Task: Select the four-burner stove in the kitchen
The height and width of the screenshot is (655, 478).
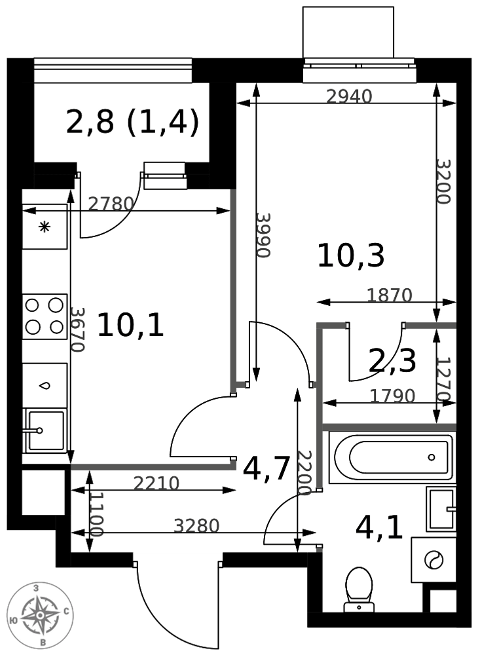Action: [45, 316]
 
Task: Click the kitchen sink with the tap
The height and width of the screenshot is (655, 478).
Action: [45, 430]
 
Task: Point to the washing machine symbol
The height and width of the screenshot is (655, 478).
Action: [433, 560]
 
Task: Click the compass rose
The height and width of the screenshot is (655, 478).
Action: [40, 615]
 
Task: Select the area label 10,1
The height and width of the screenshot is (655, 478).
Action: [130, 326]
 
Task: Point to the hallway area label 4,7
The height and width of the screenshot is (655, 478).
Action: [267, 469]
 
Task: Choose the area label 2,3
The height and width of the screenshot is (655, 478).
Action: [392, 361]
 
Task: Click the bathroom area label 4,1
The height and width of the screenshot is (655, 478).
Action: [380, 527]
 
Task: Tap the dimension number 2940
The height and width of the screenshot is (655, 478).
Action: [349, 97]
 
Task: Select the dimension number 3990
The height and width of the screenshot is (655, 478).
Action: [263, 235]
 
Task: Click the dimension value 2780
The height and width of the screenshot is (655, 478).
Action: [111, 204]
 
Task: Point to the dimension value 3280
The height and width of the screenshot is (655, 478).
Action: [196, 526]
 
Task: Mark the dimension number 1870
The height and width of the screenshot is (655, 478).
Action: [390, 295]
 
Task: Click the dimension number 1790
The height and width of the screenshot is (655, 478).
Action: [392, 396]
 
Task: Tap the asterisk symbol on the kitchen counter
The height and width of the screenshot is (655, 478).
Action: [45, 227]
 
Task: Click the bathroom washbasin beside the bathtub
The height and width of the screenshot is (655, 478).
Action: [441, 508]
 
